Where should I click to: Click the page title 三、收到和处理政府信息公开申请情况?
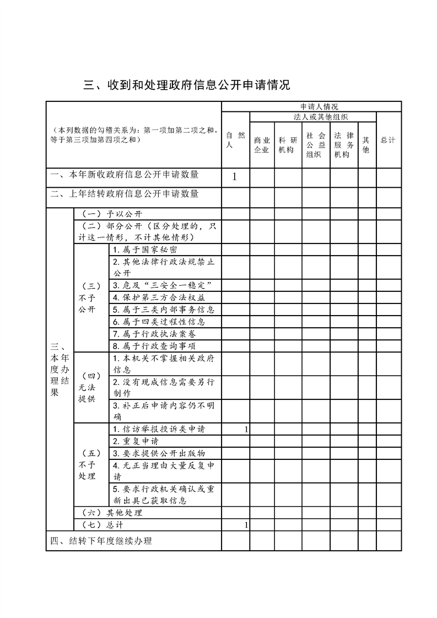186,85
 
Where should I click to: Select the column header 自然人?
235,140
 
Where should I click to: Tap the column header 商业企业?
261,145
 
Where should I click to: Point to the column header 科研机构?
286,145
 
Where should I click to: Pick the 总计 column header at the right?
388,140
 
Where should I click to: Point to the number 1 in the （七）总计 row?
246,525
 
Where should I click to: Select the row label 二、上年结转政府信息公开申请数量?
125,194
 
